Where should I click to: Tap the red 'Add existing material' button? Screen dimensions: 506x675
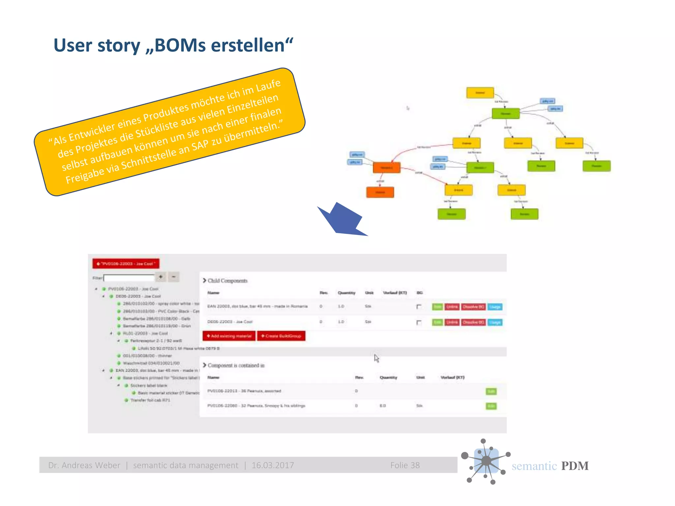tap(229, 336)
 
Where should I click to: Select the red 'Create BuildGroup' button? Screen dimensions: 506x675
tap(281, 336)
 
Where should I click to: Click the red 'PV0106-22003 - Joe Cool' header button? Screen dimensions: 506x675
tap(126, 264)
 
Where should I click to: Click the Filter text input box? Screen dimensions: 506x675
tap(129, 278)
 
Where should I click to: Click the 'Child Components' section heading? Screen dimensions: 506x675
tap(227, 281)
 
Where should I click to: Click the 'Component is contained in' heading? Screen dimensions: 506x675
tap(236, 365)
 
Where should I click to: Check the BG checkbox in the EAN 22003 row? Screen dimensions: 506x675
tap(419, 307)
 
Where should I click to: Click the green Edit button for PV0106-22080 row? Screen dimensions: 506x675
tap(491, 406)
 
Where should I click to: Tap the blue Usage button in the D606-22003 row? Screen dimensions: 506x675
tap(495, 322)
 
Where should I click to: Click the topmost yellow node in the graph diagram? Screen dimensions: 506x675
tap(480, 93)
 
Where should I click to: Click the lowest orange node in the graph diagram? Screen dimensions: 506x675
tap(380, 192)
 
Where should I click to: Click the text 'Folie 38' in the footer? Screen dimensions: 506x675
tap(405, 465)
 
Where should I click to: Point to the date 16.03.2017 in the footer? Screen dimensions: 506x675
tap(273, 465)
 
